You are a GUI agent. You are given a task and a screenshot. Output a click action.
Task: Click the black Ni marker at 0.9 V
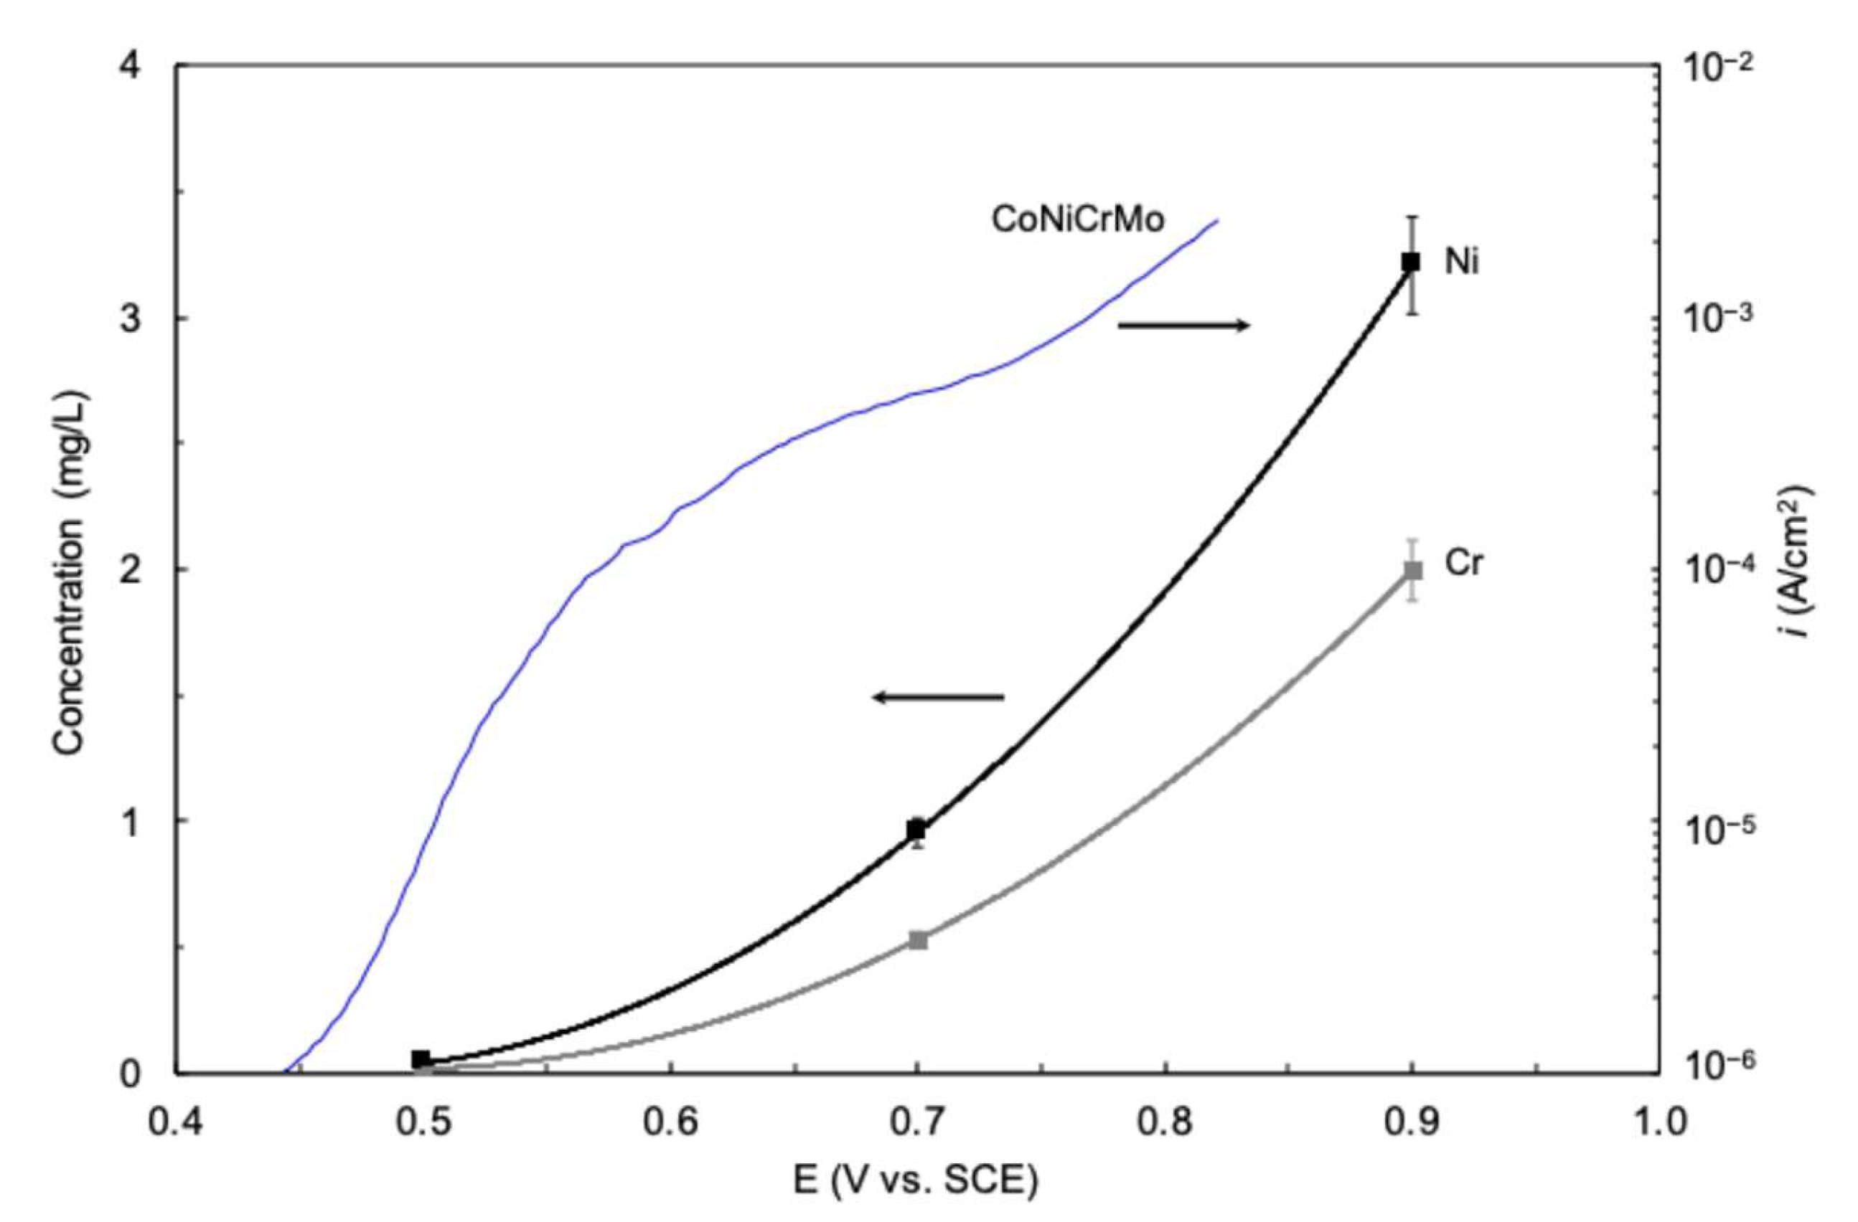[x=1411, y=262]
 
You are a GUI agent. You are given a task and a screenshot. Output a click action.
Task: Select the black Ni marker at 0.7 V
[x=917, y=829]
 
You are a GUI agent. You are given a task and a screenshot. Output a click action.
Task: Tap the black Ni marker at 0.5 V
[x=421, y=1059]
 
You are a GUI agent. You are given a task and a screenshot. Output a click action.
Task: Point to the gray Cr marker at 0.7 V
[x=918, y=940]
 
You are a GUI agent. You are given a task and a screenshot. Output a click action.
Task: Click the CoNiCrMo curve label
[x=1078, y=220]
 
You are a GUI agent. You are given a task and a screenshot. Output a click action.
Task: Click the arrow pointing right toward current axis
[x=1183, y=326]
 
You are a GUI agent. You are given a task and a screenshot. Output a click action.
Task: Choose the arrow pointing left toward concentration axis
[x=939, y=697]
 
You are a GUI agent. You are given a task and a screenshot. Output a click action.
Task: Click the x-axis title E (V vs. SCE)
[x=916, y=1183]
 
